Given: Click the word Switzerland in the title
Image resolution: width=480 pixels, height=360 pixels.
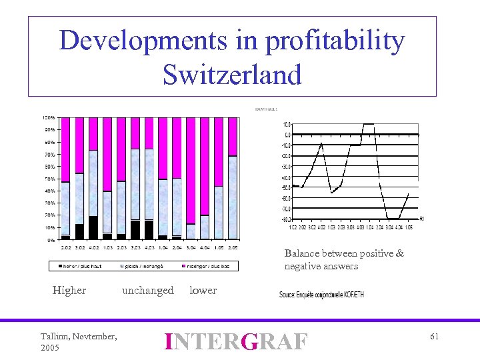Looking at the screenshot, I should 232,74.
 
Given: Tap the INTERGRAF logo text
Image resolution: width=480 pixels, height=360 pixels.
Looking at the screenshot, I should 237,341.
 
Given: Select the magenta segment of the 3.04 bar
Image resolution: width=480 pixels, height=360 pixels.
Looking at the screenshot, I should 191,170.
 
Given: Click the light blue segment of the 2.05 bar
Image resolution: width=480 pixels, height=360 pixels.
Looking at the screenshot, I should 232,197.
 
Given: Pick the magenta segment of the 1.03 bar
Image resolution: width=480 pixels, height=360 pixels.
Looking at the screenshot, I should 107,154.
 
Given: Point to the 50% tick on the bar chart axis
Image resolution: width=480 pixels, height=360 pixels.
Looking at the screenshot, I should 50,179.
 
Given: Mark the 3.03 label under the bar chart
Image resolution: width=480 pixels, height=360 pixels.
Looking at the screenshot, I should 135,247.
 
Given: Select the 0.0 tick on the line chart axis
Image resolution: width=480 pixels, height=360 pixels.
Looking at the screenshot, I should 287,135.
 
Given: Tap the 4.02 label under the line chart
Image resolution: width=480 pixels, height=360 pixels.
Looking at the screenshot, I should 321,227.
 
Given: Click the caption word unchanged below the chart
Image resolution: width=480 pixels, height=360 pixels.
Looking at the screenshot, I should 147,290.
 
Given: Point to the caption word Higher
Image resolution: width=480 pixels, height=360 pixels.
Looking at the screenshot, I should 69,290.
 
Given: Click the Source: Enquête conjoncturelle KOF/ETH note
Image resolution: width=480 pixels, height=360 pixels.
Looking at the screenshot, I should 321,294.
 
